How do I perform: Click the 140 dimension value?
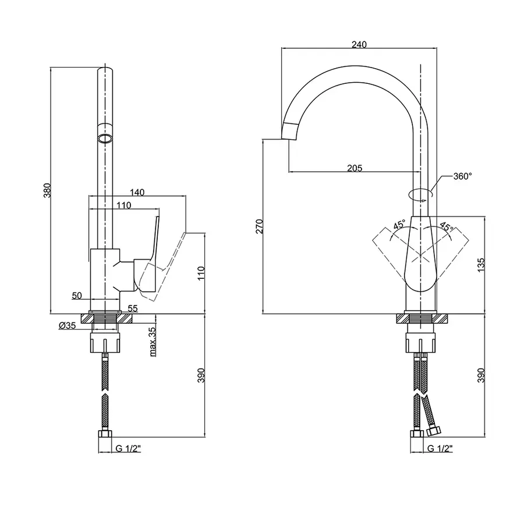(x=137, y=192)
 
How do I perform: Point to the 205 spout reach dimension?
(x=354, y=168)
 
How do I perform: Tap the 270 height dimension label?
(x=260, y=226)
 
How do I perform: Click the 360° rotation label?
(x=463, y=176)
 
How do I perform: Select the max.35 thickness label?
(x=153, y=342)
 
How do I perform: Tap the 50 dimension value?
(x=77, y=295)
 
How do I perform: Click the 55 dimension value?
(x=132, y=308)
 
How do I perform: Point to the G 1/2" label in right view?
(x=440, y=448)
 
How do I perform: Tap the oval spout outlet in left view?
(x=105, y=138)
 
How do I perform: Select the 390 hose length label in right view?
(x=481, y=377)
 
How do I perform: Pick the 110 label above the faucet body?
(x=123, y=205)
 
